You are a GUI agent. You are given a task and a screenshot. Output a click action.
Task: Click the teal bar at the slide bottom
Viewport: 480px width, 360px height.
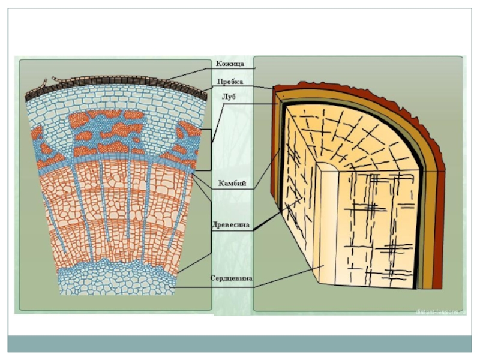pyautogui.click(x=240, y=344)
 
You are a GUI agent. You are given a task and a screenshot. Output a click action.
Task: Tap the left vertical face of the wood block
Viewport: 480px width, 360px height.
pyautogui.click(x=300, y=198)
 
